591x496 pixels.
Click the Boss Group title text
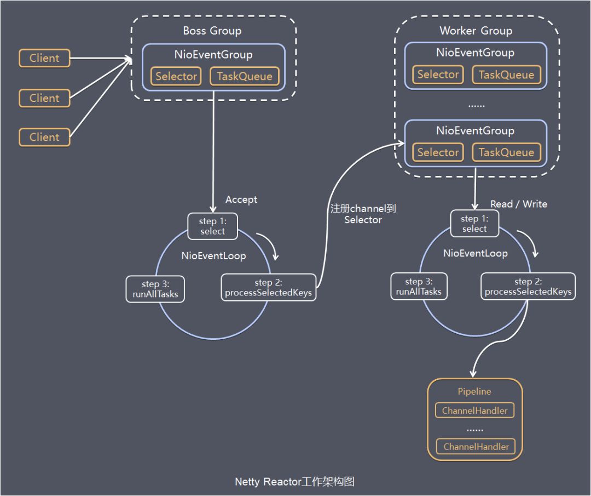212,31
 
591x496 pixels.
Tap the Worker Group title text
476,31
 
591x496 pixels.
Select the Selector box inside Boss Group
176,76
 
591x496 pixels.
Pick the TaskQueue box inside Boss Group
244,76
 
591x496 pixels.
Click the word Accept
241,199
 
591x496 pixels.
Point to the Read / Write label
518,204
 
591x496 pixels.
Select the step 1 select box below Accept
213,226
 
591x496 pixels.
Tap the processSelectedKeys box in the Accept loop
268,288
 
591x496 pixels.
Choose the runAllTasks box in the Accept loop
155,289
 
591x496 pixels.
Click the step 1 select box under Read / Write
474,224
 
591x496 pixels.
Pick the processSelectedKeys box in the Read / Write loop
528,287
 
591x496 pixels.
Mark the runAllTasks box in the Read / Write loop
419,287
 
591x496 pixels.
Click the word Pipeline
474,391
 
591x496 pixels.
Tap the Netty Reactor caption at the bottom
295,482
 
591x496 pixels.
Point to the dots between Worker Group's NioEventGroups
476,104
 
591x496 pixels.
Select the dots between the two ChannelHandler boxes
474,429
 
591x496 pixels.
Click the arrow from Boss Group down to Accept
213,153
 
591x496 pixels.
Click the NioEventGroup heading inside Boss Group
213,55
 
